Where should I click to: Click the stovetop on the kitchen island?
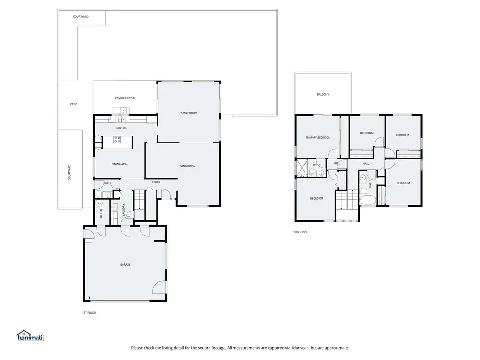point(117,140)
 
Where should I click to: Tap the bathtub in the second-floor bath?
point(368,201)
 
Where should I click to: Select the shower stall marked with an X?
point(302,168)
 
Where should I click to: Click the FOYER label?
point(157,182)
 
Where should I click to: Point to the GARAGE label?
point(125,265)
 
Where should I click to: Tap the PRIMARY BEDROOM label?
point(318,138)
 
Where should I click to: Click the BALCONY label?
point(323,95)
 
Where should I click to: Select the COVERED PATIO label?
point(125,98)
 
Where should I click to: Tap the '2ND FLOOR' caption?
point(300,232)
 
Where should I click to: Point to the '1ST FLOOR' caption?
point(89,313)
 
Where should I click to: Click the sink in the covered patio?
point(123,110)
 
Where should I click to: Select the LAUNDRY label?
point(124,210)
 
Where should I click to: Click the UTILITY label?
point(101,213)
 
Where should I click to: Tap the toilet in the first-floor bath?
point(99,194)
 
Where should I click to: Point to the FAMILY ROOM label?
point(188,113)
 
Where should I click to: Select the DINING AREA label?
point(120,164)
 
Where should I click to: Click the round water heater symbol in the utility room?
point(99,203)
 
